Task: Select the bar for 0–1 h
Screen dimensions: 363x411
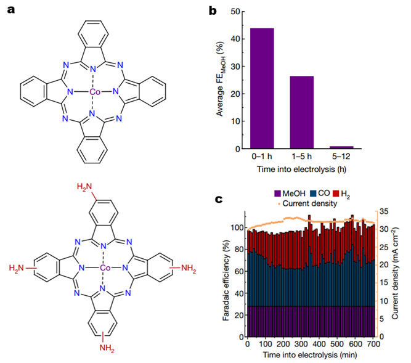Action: click(x=262, y=88)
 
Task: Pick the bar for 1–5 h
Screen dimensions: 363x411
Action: click(x=302, y=112)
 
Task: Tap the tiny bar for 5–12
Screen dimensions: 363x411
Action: click(x=341, y=147)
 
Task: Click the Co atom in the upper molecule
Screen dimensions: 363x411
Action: click(x=94, y=92)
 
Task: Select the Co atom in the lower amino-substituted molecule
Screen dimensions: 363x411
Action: click(x=105, y=269)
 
